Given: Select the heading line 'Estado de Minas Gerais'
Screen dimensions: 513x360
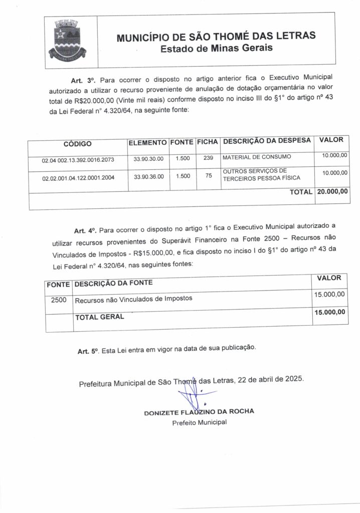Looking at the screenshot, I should [216, 49].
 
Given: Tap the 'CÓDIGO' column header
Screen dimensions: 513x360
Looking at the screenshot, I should [78, 144].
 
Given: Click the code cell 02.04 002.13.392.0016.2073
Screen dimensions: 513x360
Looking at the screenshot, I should [78, 161].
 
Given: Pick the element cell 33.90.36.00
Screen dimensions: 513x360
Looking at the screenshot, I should [148, 176].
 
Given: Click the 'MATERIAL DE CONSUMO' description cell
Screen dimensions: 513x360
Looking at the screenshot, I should [256, 157].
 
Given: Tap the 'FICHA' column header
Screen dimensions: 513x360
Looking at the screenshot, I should [207, 142].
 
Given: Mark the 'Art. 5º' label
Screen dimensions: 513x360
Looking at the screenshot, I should [88, 352].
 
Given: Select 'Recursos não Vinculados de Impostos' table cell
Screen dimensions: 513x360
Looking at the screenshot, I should [134, 300].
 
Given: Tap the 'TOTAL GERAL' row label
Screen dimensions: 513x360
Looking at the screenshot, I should [99, 317].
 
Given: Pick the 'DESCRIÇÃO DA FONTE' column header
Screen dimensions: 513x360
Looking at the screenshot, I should [113, 284].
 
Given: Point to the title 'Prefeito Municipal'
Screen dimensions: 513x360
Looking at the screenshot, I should [199, 422].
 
